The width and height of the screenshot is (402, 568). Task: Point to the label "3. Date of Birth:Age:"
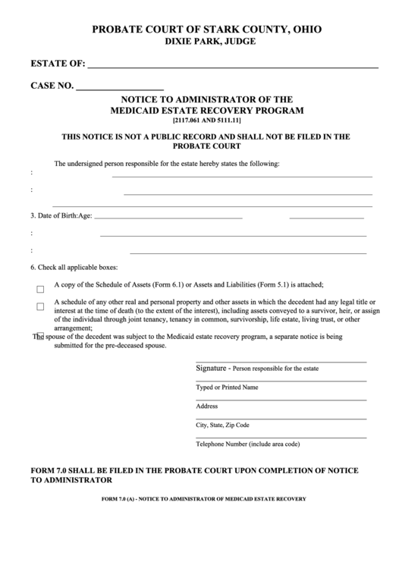61,215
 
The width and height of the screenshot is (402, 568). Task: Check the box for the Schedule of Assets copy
40,289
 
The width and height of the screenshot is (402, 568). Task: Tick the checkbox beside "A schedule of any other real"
40,306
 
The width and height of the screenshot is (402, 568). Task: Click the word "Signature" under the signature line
212,368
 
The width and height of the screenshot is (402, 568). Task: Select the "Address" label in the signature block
207,406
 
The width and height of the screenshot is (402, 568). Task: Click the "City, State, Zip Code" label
222,425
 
